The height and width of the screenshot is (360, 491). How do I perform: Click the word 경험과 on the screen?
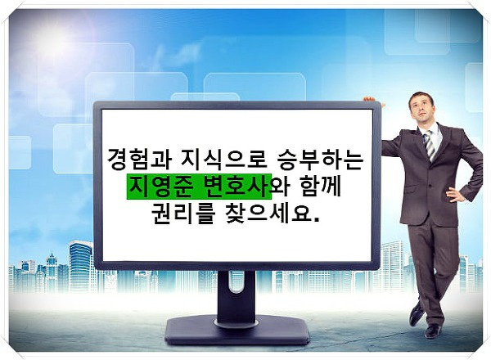(x=139, y=159)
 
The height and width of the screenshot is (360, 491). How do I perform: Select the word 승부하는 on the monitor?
(x=320, y=159)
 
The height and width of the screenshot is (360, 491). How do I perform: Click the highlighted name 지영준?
(x=160, y=187)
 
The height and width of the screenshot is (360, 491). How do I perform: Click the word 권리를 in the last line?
(x=183, y=214)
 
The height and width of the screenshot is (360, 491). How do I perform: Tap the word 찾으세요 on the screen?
(x=268, y=214)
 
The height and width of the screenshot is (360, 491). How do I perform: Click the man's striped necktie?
(x=430, y=145)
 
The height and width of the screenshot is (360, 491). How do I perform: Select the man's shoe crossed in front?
(x=417, y=313)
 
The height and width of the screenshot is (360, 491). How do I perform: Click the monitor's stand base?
(x=236, y=331)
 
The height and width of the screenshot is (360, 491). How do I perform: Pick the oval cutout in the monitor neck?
(x=236, y=282)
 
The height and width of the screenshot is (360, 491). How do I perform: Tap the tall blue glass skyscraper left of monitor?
(x=81, y=266)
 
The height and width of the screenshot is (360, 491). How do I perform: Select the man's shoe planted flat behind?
(x=434, y=331)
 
